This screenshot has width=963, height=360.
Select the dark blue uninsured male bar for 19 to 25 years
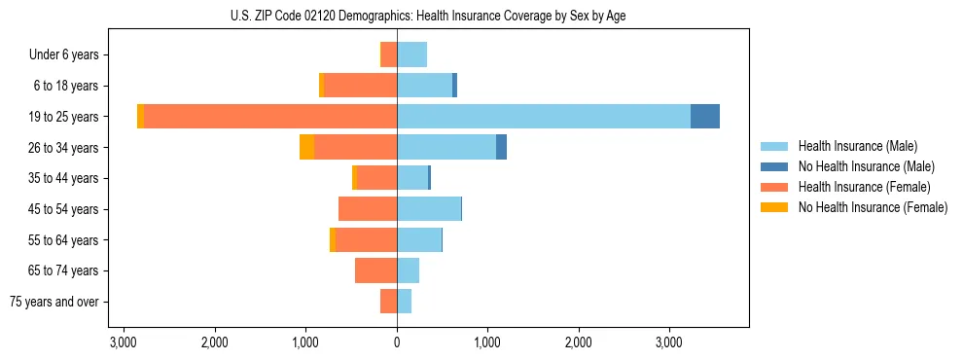705,117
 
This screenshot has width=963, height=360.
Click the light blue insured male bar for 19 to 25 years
544,117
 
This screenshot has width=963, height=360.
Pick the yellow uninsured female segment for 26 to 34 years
306,147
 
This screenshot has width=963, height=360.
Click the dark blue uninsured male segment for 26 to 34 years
501,147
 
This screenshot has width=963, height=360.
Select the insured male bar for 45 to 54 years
429,208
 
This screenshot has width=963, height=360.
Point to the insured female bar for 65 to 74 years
375,270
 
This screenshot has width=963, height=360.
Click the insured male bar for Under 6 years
411,54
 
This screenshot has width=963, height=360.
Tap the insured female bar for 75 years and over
388,302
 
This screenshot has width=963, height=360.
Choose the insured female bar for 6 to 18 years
360,86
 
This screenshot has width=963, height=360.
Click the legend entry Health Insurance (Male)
857,146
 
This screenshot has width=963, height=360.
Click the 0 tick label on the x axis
397,342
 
